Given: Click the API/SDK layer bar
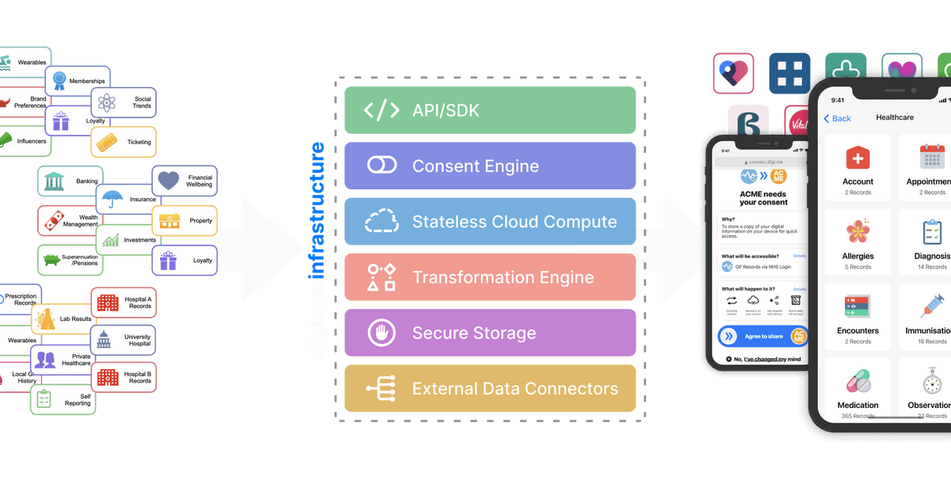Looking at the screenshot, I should coord(490,110).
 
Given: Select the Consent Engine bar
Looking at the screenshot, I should coord(490,166).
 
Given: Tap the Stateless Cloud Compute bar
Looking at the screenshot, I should coord(490,222).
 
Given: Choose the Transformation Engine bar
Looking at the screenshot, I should coord(490,277).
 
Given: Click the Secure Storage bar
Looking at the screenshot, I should coord(490,333).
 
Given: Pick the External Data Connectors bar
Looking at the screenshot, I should coord(490,389).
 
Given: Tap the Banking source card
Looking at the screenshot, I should coord(71,181).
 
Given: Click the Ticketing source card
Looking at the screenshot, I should coord(124,143).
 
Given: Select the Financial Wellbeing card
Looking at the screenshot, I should coord(184,181).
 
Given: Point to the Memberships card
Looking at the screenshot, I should coord(78,81).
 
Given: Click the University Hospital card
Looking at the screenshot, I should coord(123,341).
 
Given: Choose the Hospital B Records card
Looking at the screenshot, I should coord(124,376).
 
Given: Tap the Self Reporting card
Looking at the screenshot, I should coord(63,398).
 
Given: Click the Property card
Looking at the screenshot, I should coord(184,220).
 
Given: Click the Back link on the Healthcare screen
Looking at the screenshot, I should coord(837,118).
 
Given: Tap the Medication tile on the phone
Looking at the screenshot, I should coord(857,392).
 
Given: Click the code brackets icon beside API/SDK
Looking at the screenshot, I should coord(381,110).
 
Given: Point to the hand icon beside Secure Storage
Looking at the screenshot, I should coord(381,333).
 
